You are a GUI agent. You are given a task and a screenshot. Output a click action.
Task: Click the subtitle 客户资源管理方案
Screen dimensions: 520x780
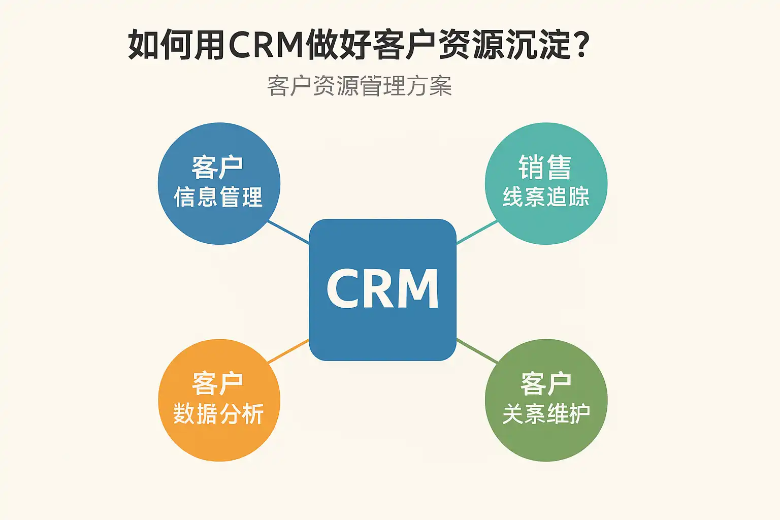pos(359,86)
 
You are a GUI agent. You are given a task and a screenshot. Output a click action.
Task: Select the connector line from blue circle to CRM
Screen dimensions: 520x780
pos(288,232)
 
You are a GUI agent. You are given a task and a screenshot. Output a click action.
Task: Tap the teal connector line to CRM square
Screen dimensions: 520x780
pos(477,232)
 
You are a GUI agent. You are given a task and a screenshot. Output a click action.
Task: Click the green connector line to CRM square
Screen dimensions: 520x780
pos(477,350)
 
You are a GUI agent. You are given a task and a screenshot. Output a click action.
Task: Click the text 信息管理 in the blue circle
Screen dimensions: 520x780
pos(218,197)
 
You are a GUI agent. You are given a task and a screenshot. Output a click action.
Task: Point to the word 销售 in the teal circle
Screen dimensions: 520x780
pos(545,168)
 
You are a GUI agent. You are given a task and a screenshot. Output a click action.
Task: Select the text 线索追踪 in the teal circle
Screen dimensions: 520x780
pos(546,197)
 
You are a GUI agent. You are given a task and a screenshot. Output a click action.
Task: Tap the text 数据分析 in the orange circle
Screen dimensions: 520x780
pos(218,414)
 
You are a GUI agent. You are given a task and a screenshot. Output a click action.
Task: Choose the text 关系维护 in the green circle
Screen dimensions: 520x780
pos(546,414)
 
